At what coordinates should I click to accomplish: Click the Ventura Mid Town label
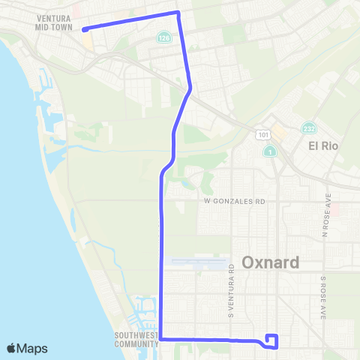click(x=53, y=22)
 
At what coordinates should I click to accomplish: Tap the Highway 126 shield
click(x=163, y=36)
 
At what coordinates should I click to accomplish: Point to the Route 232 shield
click(x=308, y=129)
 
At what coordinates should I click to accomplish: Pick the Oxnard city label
click(x=271, y=262)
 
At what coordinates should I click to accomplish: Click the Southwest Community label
click(x=136, y=340)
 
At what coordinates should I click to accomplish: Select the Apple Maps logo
click(x=27, y=348)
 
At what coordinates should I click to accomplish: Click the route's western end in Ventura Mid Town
click(x=83, y=30)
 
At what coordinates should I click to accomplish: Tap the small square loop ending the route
click(x=272, y=340)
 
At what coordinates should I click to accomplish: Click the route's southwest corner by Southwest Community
click(x=161, y=339)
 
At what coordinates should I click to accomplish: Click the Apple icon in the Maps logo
click(x=12, y=348)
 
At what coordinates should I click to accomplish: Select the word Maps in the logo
click(x=33, y=348)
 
